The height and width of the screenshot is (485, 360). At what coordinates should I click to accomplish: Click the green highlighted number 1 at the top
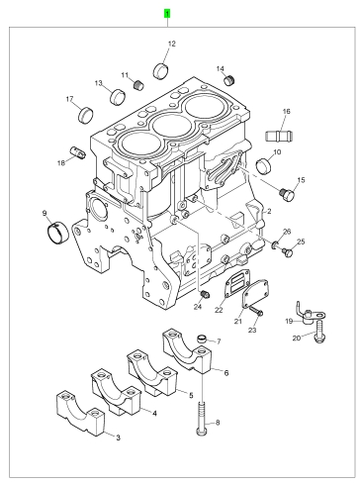[167, 14]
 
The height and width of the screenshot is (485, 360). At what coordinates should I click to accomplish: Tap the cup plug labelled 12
[161, 70]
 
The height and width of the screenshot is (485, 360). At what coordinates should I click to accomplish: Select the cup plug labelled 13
[118, 96]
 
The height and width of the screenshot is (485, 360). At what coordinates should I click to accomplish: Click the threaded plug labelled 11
[139, 85]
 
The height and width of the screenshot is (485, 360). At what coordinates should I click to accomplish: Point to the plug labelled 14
[229, 79]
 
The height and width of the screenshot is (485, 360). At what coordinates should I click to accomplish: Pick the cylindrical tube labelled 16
[280, 136]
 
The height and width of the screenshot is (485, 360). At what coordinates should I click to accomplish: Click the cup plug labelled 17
[86, 115]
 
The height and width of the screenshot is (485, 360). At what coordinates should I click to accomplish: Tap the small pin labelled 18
[77, 152]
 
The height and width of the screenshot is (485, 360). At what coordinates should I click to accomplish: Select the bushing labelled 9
[58, 234]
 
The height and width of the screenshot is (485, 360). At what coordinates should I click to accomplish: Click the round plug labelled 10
[264, 165]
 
